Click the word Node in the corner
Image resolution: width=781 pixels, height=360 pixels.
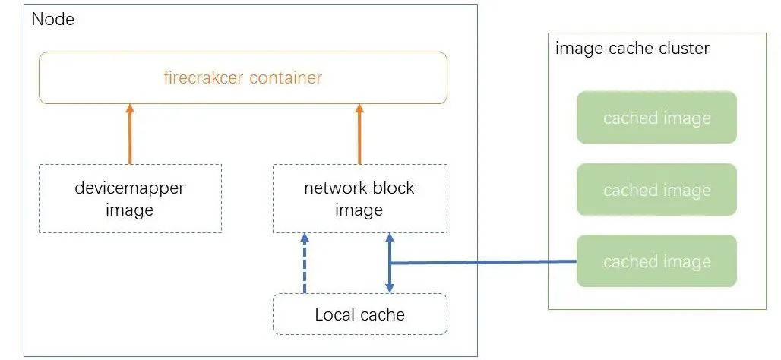[53, 19]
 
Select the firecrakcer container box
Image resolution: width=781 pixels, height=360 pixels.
[242, 77]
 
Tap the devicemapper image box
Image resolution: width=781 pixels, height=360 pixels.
[130, 198]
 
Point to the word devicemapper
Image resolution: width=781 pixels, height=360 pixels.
[130, 188]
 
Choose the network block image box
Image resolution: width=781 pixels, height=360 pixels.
[359, 198]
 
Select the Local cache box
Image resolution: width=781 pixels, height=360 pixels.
[359, 314]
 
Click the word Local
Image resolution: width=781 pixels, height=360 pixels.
[334, 314]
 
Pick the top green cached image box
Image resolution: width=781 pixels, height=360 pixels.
[656, 118]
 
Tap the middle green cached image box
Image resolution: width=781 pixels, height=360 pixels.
[656, 190]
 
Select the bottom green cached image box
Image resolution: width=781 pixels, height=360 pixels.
[656, 261]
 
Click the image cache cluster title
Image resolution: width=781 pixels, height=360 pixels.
[632, 49]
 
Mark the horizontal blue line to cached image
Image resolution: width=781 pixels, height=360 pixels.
[483, 263]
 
